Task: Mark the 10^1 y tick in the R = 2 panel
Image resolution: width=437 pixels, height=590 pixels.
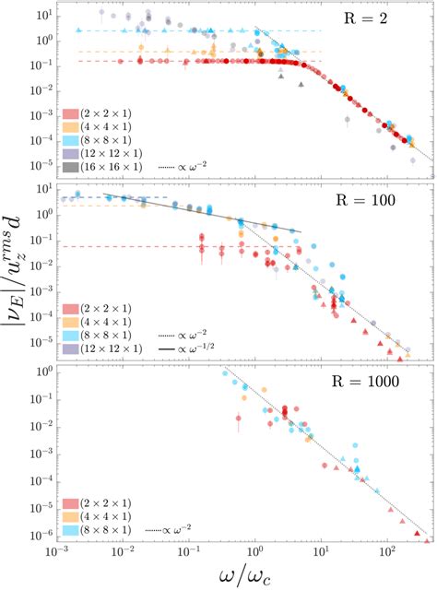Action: pyautogui.click(x=41, y=16)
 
